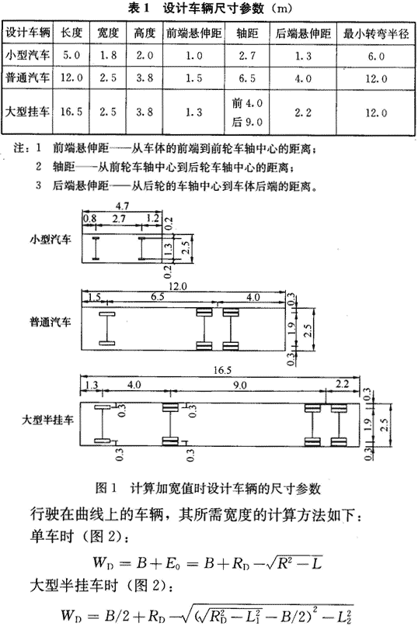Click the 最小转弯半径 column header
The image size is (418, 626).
[376, 33]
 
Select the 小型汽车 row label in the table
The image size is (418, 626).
[27, 55]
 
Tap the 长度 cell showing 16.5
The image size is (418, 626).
[71, 112]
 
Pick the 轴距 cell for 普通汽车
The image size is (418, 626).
[247, 78]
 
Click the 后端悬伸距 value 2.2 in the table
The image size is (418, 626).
[303, 112]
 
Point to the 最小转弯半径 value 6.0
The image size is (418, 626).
[376, 56]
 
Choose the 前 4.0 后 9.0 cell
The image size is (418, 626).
[247, 112]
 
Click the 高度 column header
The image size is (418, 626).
[144, 33]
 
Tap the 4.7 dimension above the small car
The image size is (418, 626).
[122, 206]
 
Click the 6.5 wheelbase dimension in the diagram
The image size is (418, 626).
[157, 296]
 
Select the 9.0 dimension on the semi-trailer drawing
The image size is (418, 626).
[239, 386]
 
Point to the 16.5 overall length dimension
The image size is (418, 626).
[222, 370]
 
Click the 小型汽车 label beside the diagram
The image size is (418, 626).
[50, 240]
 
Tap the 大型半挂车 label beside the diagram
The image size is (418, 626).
[47, 420]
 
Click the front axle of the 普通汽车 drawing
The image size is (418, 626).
[107, 328]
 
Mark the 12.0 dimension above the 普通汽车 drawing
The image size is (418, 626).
[178, 286]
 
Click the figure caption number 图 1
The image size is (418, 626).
[106, 488]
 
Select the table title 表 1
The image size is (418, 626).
[138, 9]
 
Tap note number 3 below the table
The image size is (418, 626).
[38, 185]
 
